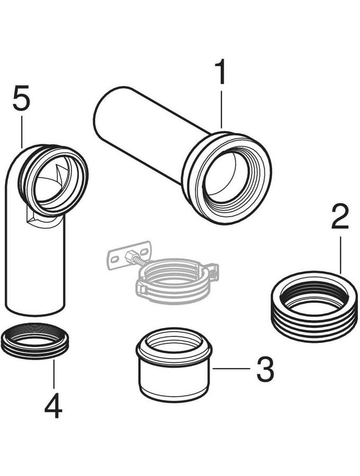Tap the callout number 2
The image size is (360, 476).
click(340, 217)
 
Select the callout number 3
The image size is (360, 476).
click(265, 369)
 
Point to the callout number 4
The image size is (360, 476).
click(53, 406)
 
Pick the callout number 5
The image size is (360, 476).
click(22, 98)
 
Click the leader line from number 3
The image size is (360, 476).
click(231, 369)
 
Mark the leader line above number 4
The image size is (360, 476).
click(54, 374)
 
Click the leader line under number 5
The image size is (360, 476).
click(22, 132)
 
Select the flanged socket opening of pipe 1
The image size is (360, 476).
click(227, 178)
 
